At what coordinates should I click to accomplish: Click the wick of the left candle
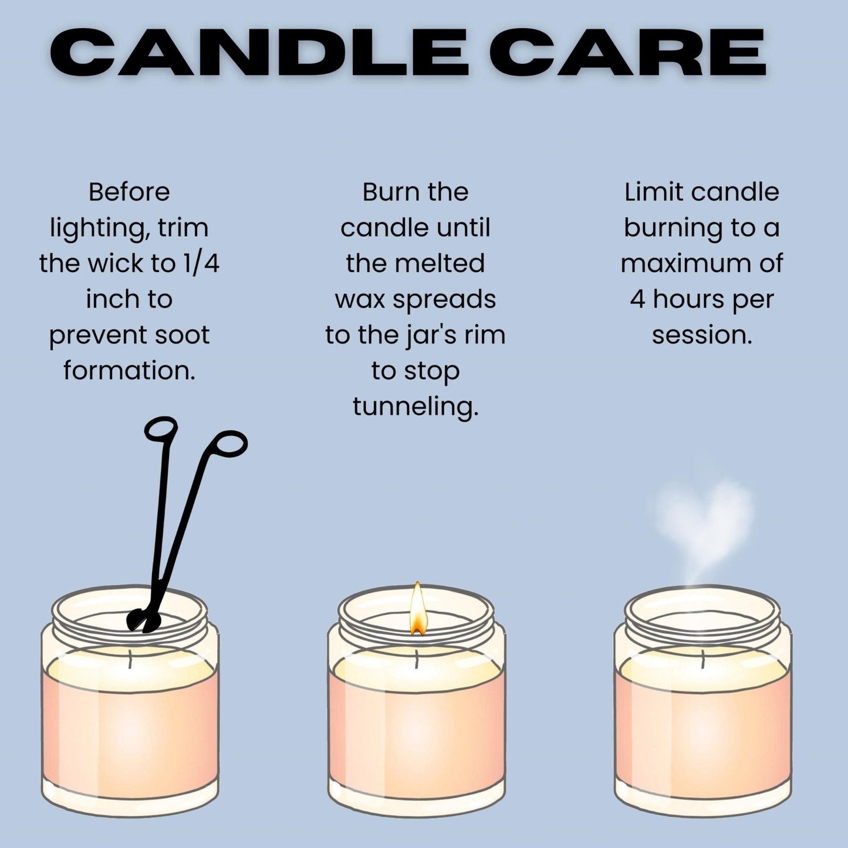[130, 659]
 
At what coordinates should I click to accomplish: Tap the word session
[701, 335]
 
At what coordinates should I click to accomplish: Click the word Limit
[653, 192]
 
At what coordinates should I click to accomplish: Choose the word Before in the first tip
[129, 192]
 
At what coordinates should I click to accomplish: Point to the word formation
[129, 370]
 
